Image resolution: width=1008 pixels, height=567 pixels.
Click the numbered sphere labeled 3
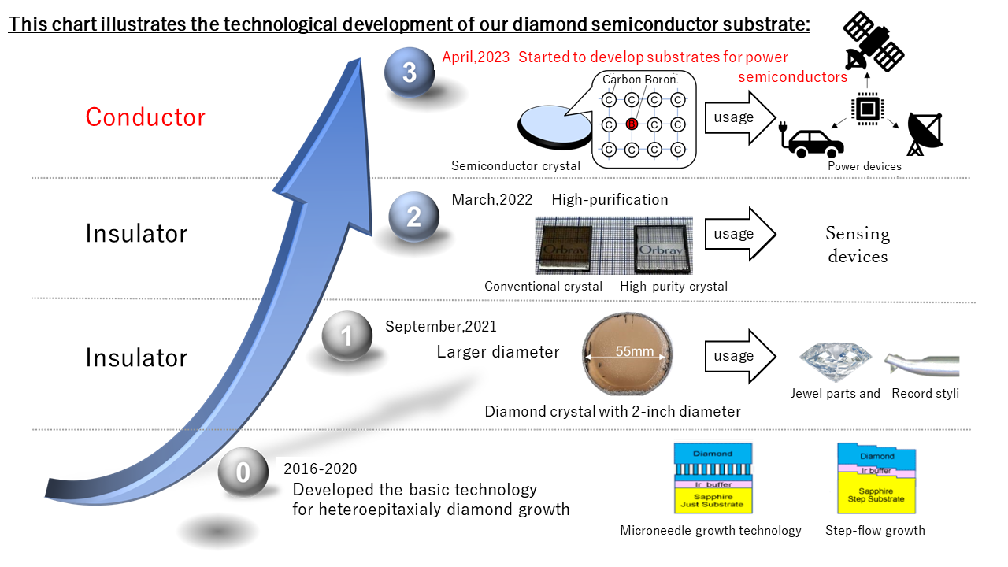click(x=409, y=73)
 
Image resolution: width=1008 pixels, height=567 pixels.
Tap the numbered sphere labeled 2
click(x=413, y=217)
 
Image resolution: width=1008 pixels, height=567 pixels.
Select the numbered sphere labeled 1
click(x=346, y=337)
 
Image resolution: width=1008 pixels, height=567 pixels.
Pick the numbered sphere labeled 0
click(x=243, y=472)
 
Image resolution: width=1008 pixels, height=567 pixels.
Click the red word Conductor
click(x=145, y=117)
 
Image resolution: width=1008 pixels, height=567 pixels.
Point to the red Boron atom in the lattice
click(x=631, y=124)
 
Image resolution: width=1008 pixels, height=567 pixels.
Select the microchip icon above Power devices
click(x=867, y=109)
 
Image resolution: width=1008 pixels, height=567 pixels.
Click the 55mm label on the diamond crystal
click(x=634, y=351)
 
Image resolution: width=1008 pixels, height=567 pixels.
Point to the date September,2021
click(x=441, y=326)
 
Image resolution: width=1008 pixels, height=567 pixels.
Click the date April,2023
click(x=476, y=57)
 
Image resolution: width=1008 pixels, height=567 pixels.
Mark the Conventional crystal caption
click(x=543, y=287)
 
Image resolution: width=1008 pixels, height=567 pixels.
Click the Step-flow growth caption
click(x=875, y=531)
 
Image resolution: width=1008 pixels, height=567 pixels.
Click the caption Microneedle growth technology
click(x=710, y=531)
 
